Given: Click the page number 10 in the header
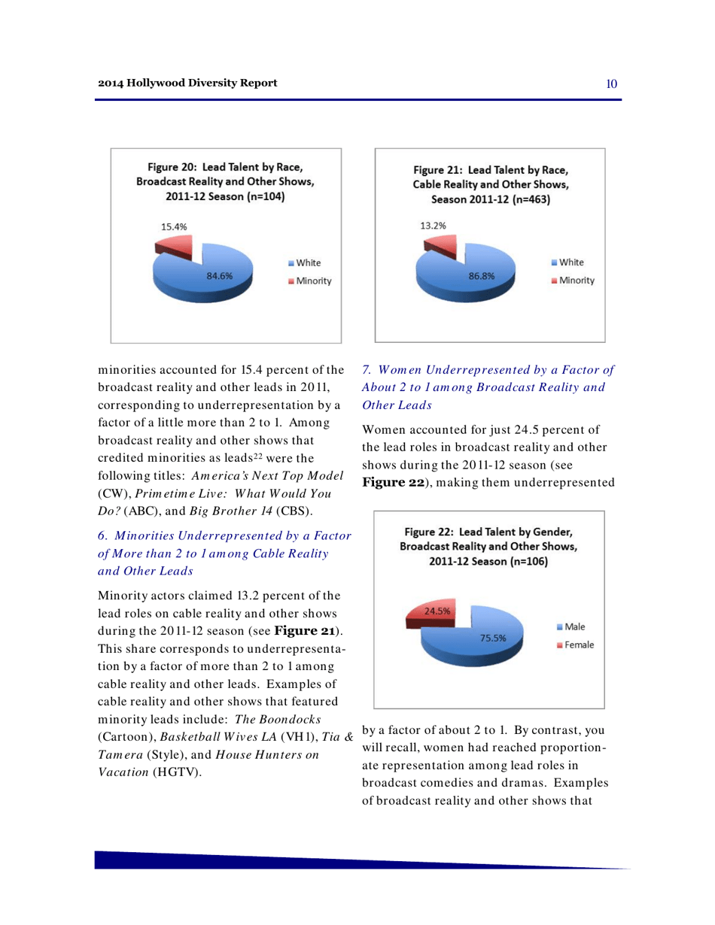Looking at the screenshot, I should pos(611,83).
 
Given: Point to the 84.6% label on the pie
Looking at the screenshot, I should pos(219,275).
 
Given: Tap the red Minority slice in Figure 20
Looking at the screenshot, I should pos(178,245).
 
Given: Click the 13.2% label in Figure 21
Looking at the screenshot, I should pos(431,224).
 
